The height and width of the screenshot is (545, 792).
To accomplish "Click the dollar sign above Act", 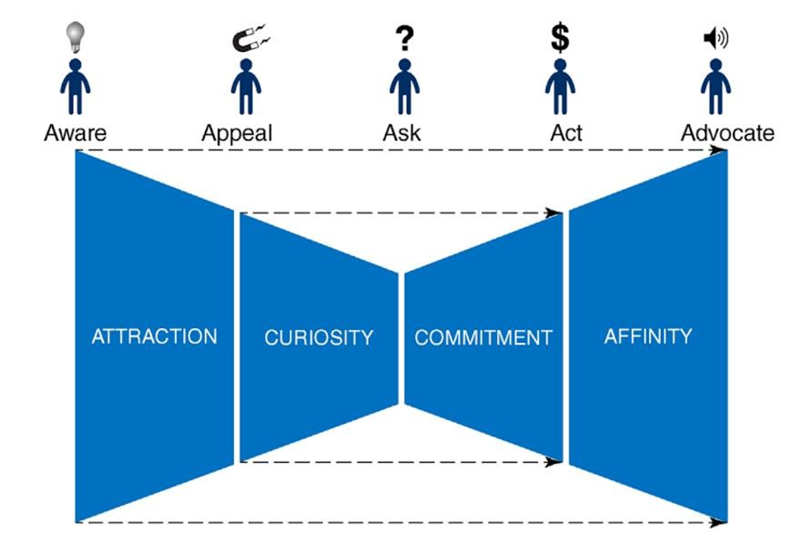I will (x=560, y=38).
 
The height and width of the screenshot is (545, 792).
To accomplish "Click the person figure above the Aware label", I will (x=75, y=86).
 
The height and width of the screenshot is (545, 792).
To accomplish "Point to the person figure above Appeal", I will (x=246, y=86).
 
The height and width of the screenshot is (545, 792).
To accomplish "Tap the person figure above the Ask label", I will (x=404, y=86).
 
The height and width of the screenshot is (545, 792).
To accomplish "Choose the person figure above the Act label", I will (x=560, y=86).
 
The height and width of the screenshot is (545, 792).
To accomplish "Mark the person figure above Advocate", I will (x=716, y=86).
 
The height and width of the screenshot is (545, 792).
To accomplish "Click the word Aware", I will (x=75, y=133).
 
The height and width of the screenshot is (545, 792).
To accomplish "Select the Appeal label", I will (x=237, y=133).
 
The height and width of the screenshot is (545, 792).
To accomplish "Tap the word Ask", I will (x=402, y=133).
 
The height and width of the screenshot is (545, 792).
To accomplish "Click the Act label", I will (x=566, y=133).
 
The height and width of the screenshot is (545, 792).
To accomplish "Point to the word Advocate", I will (x=727, y=133).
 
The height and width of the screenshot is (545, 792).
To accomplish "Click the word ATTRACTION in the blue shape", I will (x=154, y=336).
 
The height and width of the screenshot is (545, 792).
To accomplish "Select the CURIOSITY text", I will (x=319, y=338).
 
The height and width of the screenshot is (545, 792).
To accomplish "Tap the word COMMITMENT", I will (x=483, y=338).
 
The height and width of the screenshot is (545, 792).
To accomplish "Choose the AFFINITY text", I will (x=648, y=336).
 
